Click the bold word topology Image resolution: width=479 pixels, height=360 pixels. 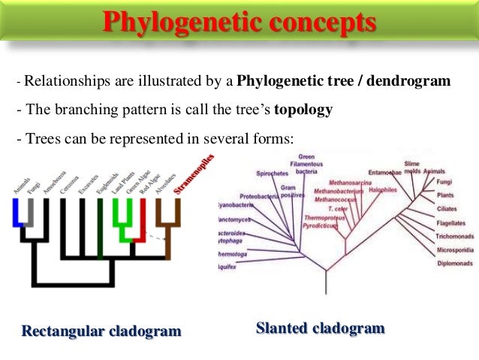[303, 110]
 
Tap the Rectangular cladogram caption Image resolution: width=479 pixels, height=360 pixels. [101, 331]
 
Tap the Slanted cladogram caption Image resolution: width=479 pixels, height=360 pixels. [320, 328]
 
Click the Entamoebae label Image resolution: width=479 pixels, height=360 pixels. [385, 172]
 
